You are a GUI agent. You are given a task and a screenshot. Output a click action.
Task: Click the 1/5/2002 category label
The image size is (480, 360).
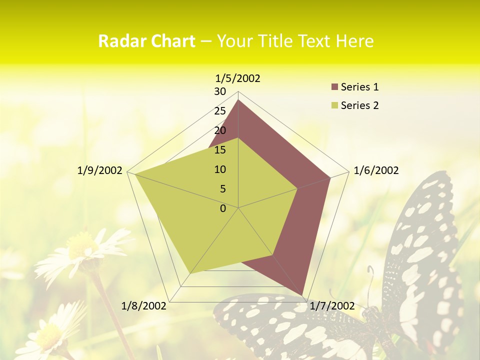click(x=238, y=78)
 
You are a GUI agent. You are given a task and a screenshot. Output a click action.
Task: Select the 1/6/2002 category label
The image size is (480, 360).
click(x=376, y=170)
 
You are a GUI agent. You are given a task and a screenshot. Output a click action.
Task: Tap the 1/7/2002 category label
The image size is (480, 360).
click(x=332, y=305)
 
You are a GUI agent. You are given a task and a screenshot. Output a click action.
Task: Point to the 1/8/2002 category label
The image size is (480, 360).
click(x=144, y=305)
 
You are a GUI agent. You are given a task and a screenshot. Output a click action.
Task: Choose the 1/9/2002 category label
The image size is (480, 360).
click(x=100, y=170)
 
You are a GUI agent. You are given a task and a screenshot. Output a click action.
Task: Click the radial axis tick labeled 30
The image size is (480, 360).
click(x=220, y=91)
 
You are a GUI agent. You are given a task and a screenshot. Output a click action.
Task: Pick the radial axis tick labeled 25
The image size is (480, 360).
click(x=220, y=111)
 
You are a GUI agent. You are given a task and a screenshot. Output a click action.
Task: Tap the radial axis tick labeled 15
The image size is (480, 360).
click(x=220, y=150)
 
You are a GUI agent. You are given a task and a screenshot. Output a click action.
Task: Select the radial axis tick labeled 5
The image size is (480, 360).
click(x=222, y=189)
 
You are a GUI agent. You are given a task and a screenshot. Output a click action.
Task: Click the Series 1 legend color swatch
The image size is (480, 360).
click(x=334, y=87)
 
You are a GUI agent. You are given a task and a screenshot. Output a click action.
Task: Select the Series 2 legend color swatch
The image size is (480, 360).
click(x=334, y=106)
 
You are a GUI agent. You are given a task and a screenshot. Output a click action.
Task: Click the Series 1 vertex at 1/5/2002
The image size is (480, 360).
click(x=238, y=99)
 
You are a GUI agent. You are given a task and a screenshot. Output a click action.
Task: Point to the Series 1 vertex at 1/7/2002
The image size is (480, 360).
click(x=302, y=295)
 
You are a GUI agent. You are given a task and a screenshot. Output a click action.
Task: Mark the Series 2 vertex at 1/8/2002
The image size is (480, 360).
click(x=190, y=273)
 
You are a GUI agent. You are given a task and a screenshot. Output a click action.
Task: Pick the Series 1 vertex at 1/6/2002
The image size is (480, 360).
click(x=330, y=177)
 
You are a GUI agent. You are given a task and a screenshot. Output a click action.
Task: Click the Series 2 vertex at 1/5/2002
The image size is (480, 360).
click(x=238, y=138)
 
